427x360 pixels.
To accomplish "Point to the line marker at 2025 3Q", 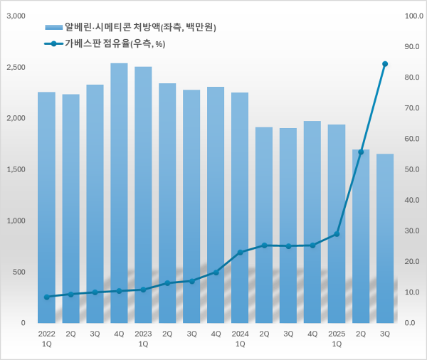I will click(x=385, y=64).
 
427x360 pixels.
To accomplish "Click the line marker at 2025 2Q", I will click(x=361, y=152).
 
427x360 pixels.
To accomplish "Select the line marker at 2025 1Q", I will click(x=337, y=233).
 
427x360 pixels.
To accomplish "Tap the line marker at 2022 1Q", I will click(x=46, y=297).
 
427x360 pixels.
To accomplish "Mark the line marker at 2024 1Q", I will click(x=240, y=253).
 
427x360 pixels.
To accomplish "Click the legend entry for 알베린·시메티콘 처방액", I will click(x=132, y=28).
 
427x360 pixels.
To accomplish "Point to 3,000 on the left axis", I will click(x=16, y=15).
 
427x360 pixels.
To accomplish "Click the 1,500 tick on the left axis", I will click(x=16, y=169).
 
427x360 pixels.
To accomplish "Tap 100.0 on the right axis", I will click(x=413, y=15).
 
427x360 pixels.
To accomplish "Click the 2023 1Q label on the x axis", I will click(x=143, y=338).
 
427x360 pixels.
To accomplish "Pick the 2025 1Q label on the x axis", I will click(x=337, y=338).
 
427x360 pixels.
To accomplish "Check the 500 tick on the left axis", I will click(x=19, y=272).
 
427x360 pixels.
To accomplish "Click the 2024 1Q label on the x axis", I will click(x=240, y=338).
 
